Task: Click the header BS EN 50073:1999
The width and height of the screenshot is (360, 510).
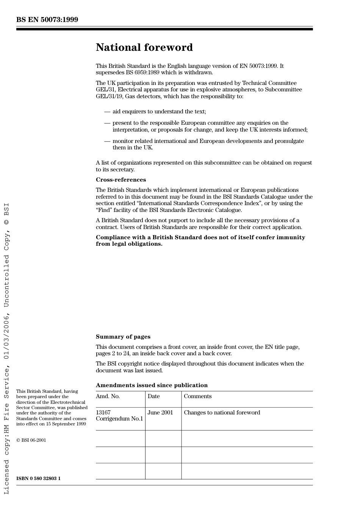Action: [x=47, y=20]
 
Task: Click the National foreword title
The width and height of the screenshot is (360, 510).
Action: [x=144, y=47]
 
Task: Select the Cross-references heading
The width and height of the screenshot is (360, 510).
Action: [x=121, y=180]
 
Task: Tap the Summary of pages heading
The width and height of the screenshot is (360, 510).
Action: [x=123, y=337]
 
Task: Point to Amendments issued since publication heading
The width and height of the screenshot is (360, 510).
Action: [x=152, y=385]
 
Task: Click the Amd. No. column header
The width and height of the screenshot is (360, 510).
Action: [x=108, y=396]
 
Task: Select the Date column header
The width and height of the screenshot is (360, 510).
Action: [x=153, y=396]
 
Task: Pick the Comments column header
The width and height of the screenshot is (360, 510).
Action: [x=197, y=396]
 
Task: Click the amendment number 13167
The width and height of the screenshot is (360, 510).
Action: [x=103, y=413]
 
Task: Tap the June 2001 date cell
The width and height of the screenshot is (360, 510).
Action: [x=160, y=413]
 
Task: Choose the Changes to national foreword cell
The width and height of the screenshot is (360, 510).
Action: [x=222, y=413]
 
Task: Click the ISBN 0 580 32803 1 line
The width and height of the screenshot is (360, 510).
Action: [x=38, y=479]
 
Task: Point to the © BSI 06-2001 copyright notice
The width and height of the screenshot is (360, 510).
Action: [x=31, y=440]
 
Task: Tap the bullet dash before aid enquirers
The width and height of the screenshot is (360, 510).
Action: [x=107, y=111]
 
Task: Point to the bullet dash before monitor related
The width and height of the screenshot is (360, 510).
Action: [x=107, y=141]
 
